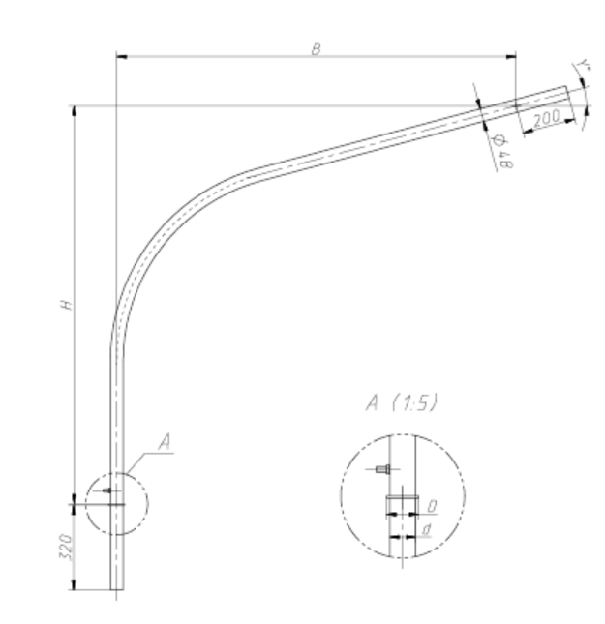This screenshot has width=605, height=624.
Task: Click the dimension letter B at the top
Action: [316, 49]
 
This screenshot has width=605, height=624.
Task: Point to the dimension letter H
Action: [67, 305]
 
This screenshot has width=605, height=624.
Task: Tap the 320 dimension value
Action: [66, 547]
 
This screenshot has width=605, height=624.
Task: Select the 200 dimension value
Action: [547, 118]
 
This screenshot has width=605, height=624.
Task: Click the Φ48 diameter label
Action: [502, 152]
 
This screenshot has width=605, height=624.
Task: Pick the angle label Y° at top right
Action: [584, 65]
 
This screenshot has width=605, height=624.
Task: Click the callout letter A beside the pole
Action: [165, 441]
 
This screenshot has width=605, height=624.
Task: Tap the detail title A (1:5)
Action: [402, 402]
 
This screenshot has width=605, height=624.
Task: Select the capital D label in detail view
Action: [432, 506]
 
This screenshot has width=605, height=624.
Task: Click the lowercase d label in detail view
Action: [427, 529]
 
